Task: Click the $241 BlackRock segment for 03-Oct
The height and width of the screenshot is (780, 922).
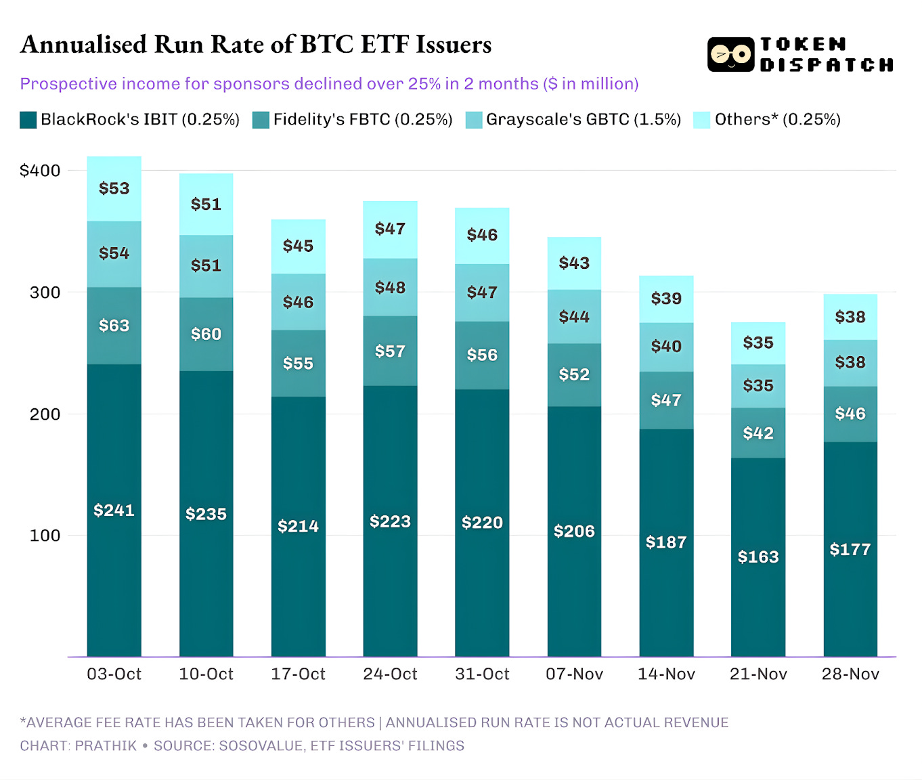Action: (x=114, y=510)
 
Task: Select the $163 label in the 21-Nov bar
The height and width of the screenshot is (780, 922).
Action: (x=758, y=557)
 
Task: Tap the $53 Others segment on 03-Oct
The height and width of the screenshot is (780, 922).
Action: (x=114, y=188)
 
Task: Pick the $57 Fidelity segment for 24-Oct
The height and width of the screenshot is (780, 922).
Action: (x=390, y=351)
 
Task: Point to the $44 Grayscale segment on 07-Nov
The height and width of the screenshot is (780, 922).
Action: (x=574, y=316)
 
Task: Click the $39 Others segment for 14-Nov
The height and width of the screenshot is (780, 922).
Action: (x=666, y=299)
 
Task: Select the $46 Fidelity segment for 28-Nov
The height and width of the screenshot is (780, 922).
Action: (x=850, y=414)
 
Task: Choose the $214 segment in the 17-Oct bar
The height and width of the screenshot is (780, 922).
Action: (x=298, y=526)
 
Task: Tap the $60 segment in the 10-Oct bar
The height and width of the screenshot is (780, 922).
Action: (x=206, y=334)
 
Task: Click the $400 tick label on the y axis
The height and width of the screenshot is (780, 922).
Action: (x=40, y=171)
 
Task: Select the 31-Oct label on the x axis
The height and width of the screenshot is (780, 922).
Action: (x=482, y=674)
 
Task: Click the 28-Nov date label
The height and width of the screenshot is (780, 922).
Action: (x=850, y=674)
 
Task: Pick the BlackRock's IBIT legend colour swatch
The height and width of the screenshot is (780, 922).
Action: (x=28, y=120)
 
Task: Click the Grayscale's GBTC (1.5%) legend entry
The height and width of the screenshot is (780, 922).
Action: (x=583, y=120)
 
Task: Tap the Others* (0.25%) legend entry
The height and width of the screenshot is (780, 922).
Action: (x=777, y=120)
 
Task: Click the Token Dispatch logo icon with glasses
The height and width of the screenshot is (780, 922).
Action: (x=730, y=55)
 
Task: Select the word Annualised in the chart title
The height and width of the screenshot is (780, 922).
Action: (x=83, y=45)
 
